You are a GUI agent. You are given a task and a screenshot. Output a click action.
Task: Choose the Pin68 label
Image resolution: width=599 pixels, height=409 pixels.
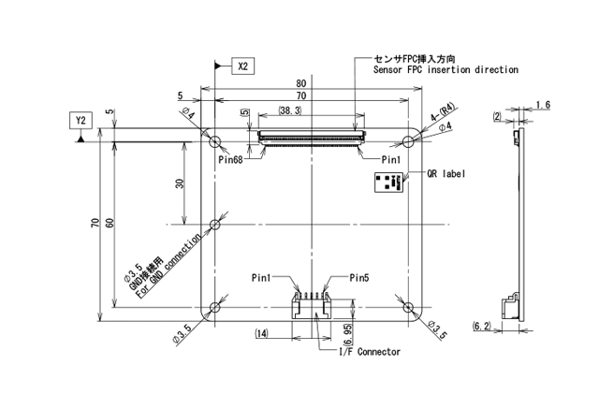tap(232, 159)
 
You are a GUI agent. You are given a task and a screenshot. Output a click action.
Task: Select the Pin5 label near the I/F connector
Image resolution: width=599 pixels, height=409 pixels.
tap(360, 278)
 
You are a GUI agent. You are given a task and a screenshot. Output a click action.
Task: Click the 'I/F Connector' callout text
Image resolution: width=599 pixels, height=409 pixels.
tap(369, 352)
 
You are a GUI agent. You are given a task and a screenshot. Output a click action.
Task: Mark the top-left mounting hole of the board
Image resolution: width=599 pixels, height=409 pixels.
tap(216, 141)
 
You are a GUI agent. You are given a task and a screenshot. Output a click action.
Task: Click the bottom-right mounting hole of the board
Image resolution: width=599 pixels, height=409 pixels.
tap(407, 307)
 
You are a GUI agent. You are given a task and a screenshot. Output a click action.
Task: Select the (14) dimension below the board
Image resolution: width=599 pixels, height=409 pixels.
tap(262, 333)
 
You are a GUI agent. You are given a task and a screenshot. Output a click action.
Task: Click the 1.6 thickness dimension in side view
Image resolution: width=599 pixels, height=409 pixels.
tap(543, 104)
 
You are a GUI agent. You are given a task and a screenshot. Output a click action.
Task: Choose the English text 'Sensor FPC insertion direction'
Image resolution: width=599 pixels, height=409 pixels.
tap(446, 70)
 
